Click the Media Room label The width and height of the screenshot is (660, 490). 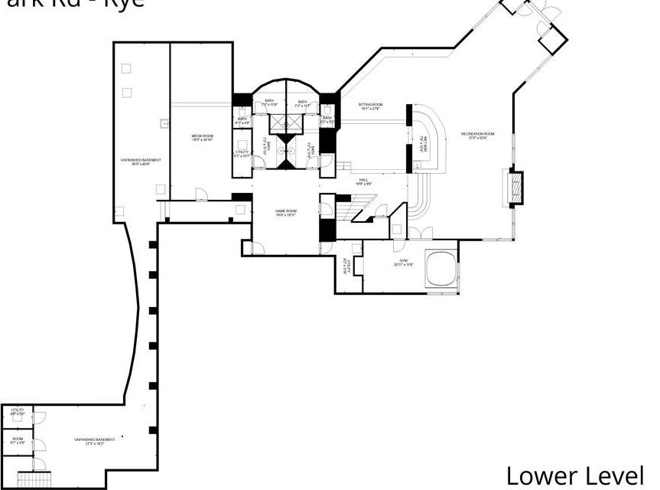pos(202,138)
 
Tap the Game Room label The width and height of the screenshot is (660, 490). pos(286,213)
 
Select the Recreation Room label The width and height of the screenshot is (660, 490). pos(478,136)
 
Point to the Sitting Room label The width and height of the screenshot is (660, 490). pos(372,106)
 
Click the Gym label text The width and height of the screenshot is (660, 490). pos(404,263)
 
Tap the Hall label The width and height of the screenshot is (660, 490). pos(363,182)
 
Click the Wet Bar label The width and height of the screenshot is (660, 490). pos(423,144)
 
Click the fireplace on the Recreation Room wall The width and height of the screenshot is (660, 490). pos(517,188)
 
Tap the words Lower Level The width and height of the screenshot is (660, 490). pos(574,474)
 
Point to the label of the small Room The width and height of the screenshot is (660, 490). pos(17,441)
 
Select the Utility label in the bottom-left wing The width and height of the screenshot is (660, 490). pos(17,412)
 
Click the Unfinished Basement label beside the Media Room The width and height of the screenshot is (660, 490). pos(141,162)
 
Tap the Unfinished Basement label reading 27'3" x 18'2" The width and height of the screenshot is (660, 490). pos(95,441)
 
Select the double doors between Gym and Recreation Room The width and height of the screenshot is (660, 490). pos(420,234)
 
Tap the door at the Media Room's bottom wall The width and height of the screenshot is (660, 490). pos(200,195)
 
